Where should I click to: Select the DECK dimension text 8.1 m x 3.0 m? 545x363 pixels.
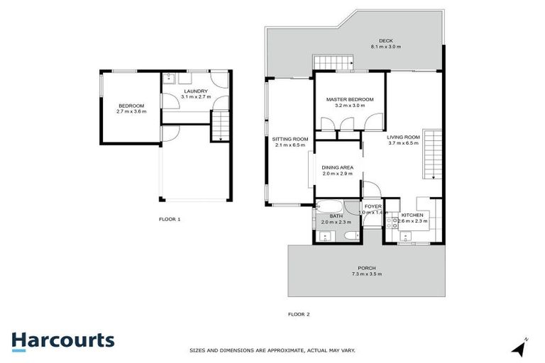(385, 47)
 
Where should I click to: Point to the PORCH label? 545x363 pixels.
(365, 267)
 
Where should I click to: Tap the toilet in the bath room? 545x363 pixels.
(351, 236)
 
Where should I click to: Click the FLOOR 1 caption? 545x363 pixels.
(170, 219)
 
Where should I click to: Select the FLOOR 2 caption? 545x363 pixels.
(298, 313)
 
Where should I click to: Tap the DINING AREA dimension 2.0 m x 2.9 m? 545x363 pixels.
(337, 174)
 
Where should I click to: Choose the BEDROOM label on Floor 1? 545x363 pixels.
(131, 106)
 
